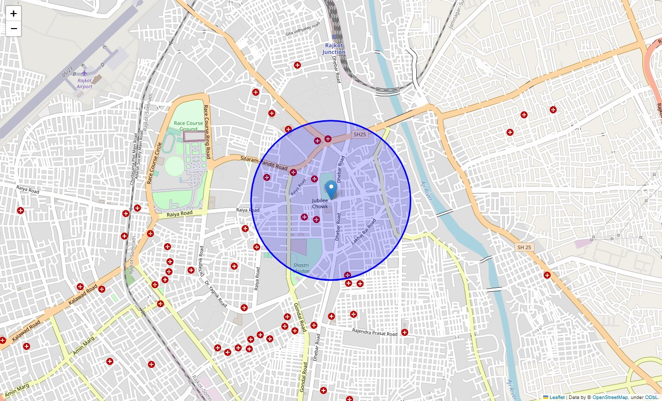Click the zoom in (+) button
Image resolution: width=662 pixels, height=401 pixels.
[x=14, y=14]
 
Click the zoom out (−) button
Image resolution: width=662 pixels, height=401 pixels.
[x=14, y=29]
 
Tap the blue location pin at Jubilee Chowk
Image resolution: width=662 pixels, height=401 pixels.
[x=331, y=190]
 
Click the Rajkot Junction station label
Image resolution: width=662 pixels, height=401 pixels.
[x=334, y=49]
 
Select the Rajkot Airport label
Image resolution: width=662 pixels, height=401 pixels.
[x=85, y=83]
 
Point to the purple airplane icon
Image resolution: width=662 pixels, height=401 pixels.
[x=84, y=73]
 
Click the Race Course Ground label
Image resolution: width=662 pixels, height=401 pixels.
[x=189, y=126]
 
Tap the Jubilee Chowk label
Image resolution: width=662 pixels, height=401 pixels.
[x=320, y=204]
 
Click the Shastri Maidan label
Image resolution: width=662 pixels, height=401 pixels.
[x=301, y=268]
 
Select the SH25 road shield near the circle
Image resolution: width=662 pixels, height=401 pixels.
[x=360, y=134]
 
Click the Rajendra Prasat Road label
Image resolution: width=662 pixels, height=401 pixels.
[x=374, y=332]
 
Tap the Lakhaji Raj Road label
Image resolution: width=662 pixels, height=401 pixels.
[x=364, y=232]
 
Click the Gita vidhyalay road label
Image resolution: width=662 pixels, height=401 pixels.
[x=302, y=30]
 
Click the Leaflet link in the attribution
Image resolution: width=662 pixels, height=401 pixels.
[x=557, y=397]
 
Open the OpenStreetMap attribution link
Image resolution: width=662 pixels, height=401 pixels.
[x=610, y=397]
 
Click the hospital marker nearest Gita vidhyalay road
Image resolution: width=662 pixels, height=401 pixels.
[x=297, y=65]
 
